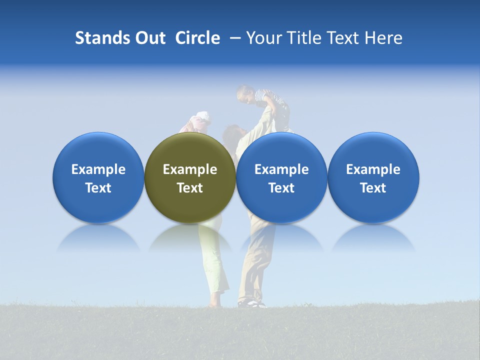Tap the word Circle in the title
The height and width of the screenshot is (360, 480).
(197, 38)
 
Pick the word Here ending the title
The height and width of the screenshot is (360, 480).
(383, 38)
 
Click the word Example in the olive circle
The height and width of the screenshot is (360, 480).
(190, 169)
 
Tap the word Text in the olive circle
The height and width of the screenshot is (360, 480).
(190, 188)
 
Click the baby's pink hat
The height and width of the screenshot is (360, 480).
(202, 118)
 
